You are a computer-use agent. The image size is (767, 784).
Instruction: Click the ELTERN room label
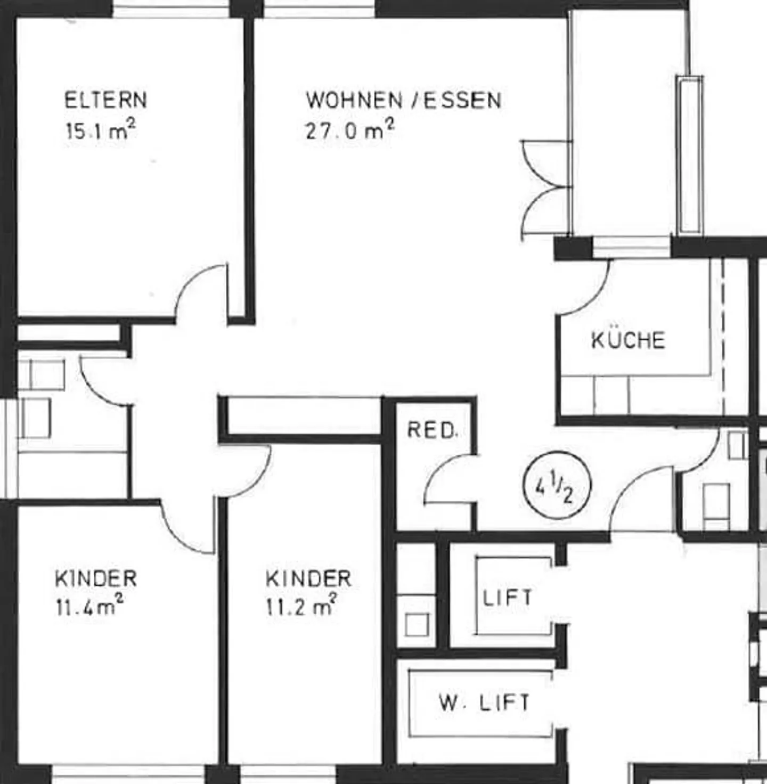tap(106, 100)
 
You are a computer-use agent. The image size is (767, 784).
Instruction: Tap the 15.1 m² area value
tap(101, 130)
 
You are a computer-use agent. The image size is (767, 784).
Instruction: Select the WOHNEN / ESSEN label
tap(404, 100)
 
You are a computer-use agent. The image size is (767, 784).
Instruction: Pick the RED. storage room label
tap(433, 430)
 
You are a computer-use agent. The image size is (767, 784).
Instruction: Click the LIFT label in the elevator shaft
tap(508, 598)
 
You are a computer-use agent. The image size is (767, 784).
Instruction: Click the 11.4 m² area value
tap(89, 606)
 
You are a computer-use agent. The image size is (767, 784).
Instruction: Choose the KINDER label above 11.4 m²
tap(96, 578)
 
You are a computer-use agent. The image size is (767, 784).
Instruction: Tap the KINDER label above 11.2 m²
tap(308, 579)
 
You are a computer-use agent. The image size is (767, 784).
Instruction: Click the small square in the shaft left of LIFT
tap(417, 624)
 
